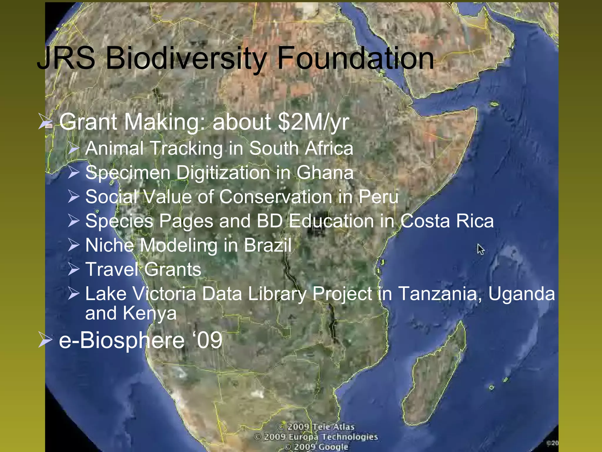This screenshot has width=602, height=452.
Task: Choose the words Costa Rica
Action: (447, 221)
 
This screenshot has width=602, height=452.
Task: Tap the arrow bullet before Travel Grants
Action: (73, 269)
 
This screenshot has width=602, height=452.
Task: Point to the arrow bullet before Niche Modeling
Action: (73, 245)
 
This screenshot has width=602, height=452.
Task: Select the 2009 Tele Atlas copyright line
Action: (316, 427)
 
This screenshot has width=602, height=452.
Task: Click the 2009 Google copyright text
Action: (317, 447)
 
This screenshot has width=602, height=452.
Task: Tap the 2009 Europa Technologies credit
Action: (316, 437)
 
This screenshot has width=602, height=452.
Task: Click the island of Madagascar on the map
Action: (435, 374)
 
